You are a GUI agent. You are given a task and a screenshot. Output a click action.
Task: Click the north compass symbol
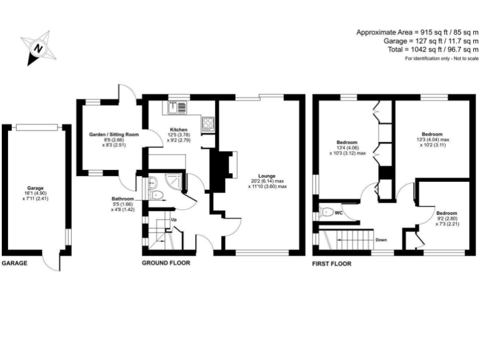(39, 47)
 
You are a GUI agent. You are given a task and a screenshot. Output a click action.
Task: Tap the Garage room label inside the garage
(34, 187)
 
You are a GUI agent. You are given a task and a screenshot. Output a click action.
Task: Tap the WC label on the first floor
(339, 213)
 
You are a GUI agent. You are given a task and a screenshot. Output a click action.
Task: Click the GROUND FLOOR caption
(166, 263)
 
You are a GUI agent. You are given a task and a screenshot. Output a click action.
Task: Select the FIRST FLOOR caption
(332, 264)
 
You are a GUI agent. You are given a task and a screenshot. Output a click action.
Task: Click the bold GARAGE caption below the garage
(14, 264)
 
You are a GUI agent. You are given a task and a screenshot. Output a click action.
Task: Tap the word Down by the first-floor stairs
(381, 239)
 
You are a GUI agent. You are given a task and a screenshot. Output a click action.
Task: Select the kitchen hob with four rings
(208, 122)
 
